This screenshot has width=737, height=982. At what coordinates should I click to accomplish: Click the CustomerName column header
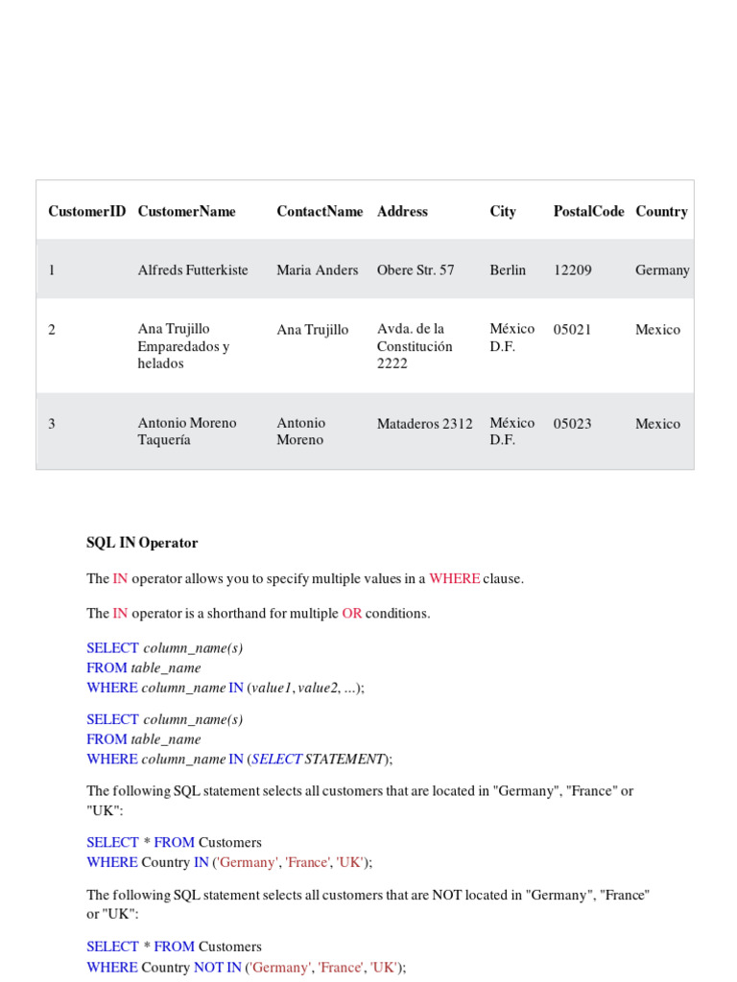[186, 212]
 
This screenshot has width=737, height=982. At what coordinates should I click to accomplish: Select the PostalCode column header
[588, 212]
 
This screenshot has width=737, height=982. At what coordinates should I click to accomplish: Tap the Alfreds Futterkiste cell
[193, 270]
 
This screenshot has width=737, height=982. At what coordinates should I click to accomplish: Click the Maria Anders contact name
[318, 270]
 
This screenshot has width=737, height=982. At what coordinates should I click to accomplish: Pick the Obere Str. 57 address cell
[416, 270]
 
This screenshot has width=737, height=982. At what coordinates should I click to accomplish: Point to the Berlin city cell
[508, 270]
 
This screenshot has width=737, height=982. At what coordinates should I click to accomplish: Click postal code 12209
[573, 270]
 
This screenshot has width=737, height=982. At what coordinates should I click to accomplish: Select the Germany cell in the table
[662, 270]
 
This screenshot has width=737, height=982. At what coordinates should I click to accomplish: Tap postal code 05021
[573, 330]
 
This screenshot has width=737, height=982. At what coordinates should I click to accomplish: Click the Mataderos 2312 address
[424, 424]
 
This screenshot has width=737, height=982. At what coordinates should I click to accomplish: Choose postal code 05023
[573, 424]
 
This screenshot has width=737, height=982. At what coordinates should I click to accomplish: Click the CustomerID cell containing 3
[52, 424]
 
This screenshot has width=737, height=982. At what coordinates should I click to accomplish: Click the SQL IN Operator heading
[142, 543]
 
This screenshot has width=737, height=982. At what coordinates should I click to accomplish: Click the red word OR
[351, 614]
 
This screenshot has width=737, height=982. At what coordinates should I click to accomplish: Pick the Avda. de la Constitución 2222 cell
[414, 346]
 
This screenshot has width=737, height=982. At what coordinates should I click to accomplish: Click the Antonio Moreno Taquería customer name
[186, 432]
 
